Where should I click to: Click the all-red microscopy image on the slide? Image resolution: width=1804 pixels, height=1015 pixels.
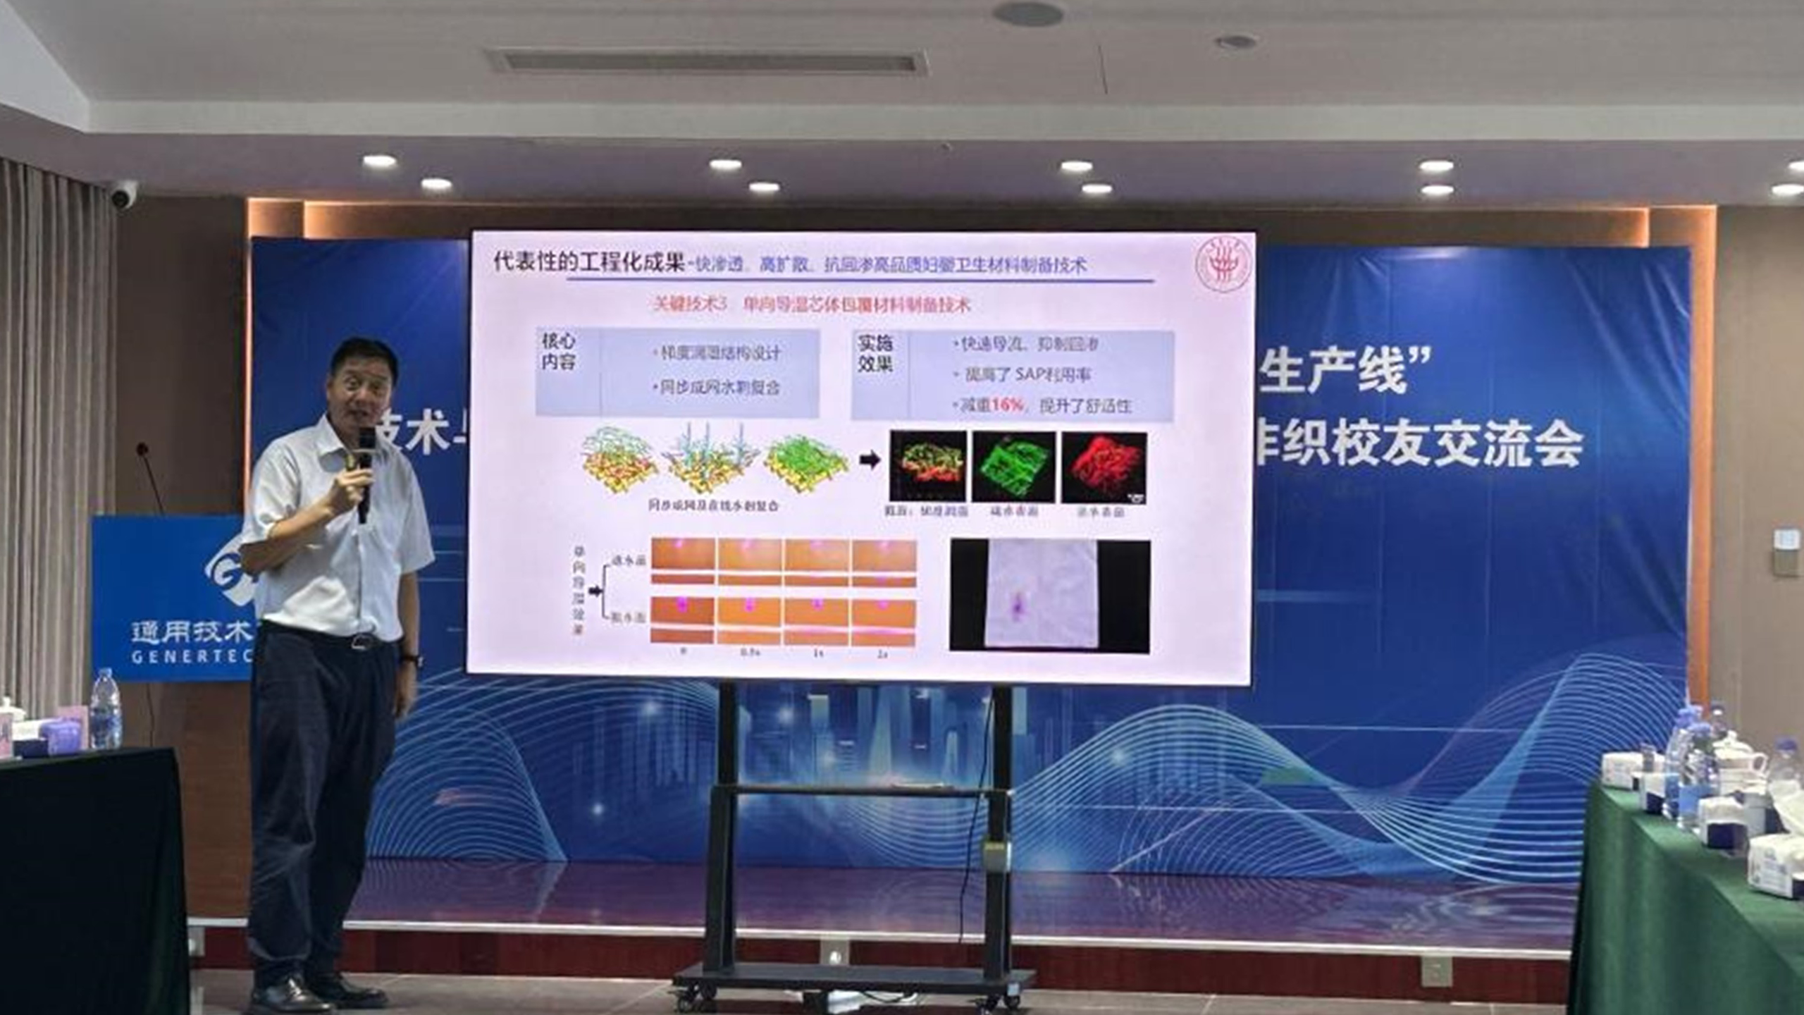tap(1104, 467)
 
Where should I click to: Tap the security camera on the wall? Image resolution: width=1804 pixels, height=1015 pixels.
tap(124, 195)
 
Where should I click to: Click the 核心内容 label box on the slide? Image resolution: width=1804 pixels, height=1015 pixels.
tap(558, 352)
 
